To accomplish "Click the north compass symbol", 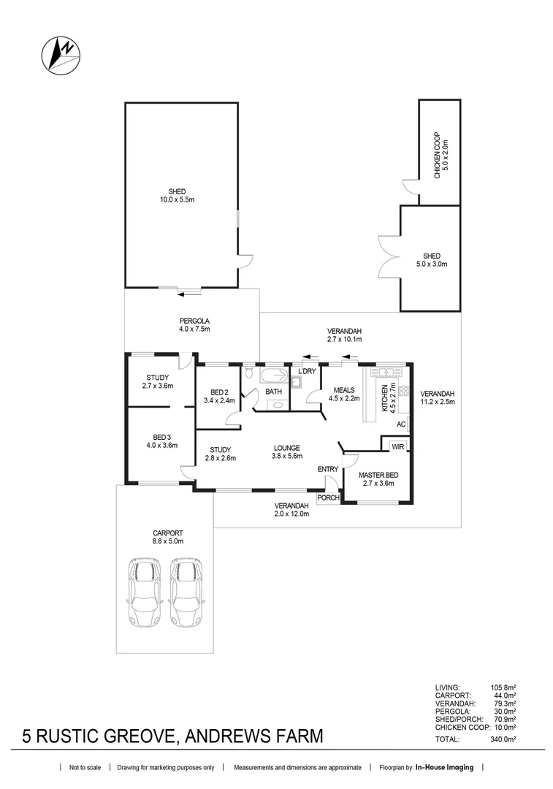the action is [61, 56].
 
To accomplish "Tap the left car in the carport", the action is [145, 592].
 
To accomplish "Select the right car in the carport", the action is [186, 592].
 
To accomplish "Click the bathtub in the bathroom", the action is [273, 375].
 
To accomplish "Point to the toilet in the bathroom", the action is [250, 373].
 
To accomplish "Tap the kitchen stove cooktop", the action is [403, 391].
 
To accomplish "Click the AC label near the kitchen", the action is [401, 424].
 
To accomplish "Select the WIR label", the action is [398, 446].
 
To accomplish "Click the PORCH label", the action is [328, 498].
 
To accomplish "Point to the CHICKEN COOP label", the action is [438, 155].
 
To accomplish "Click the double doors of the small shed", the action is [389, 256].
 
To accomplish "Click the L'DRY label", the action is [307, 371].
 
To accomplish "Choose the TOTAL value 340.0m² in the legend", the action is [503, 739].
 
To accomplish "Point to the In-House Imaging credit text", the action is [444, 767].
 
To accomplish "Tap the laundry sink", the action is [297, 382].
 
